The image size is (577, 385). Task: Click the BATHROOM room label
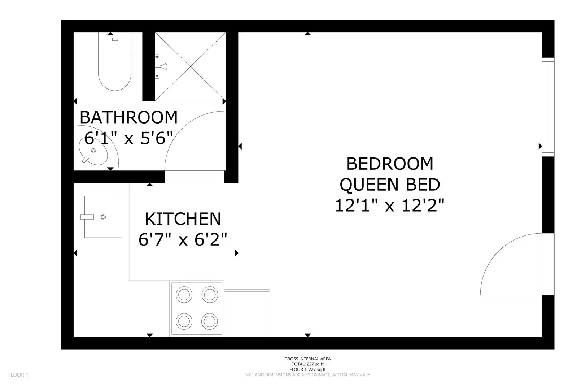point(128,117)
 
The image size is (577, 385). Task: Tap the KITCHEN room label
point(183,219)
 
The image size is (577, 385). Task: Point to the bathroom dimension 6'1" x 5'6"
point(128,138)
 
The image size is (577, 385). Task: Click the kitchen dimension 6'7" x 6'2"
point(183,239)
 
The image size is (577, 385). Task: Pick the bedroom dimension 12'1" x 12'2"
point(390,206)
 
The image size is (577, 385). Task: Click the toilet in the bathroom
point(115,61)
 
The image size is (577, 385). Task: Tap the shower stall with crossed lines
point(191,66)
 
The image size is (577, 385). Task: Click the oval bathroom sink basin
point(93,151)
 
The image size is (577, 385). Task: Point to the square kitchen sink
point(103,217)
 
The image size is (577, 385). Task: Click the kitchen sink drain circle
point(103,217)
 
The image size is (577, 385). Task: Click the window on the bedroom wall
point(548,107)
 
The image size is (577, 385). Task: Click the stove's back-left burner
point(184,294)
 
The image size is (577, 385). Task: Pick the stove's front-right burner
point(210,321)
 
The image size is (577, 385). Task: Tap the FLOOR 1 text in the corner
point(18,375)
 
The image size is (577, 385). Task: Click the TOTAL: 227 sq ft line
point(307,364)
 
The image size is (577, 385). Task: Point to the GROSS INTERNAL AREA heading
point(307,359)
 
